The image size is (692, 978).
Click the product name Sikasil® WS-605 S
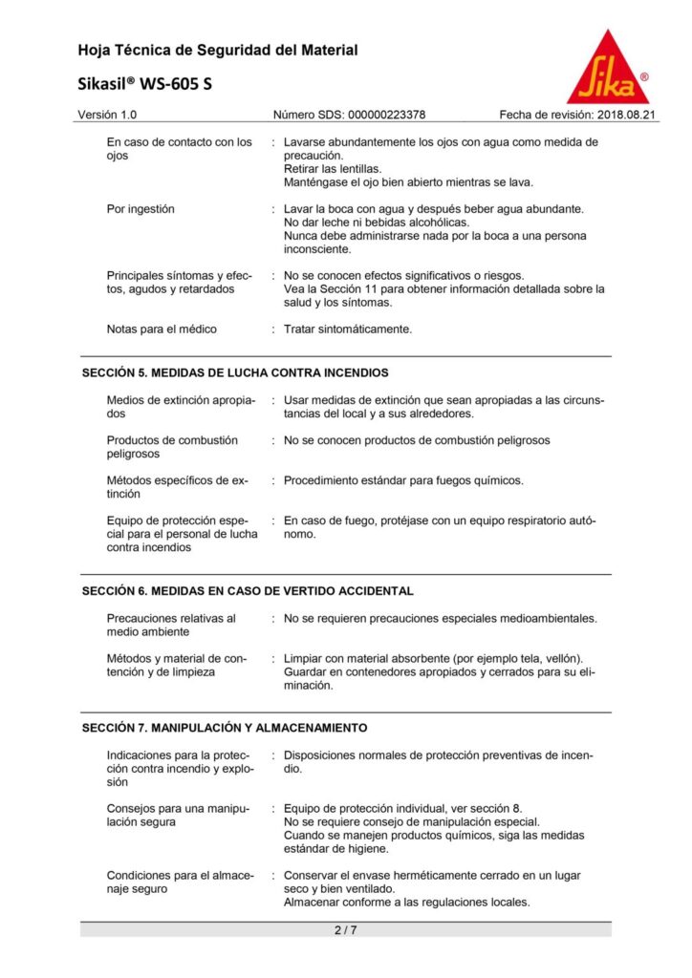point(145,84)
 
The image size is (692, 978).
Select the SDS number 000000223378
point(383,115)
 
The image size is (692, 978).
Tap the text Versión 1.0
point(107,115)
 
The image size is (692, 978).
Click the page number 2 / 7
point(345,929)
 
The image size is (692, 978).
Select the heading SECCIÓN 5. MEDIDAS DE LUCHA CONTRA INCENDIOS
point(235,372)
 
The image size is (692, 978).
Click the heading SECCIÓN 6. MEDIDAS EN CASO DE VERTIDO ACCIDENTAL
point(248,591)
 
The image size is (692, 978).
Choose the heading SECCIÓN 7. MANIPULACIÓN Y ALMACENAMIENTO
point(225,728)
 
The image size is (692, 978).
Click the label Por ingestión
point(141,208)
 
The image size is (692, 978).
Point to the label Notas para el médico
point(162,330)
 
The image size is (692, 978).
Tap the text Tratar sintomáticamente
point(348,330)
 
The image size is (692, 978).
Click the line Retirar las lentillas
point(326,169)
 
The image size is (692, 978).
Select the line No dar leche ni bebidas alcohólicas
point(368,222)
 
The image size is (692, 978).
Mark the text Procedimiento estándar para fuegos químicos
point(403,480)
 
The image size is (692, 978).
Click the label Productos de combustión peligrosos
point(172,447)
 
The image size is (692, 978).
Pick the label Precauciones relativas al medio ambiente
point(171,625)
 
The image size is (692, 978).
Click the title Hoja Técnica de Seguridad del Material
point(218,50)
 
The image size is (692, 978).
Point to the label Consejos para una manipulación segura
point(178,815)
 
